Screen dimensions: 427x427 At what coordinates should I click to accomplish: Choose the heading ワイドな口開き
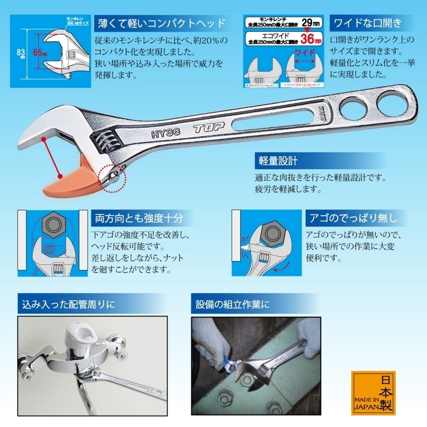(x=366, y=22)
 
